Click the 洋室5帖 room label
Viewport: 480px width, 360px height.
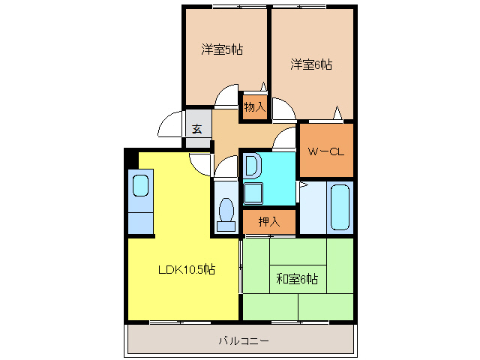tap(222, 49)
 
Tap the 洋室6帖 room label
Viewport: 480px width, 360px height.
tap(311, 64)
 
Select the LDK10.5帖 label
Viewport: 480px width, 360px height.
tap(187, 269)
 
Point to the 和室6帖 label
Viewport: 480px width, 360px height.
tap(297, 279)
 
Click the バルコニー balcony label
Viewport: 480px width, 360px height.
tap(244, 340)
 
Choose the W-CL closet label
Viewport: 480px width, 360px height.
tap(326, 151)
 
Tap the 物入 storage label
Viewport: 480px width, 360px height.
tap(255, 107)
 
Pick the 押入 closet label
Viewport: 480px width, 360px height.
tap(269, 221)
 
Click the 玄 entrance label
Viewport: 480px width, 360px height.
tap(197, 129)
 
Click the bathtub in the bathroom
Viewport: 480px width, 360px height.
tap(340, 207)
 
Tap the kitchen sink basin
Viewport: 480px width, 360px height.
tap(140, 185)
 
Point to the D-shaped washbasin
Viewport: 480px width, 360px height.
tap(252, 166)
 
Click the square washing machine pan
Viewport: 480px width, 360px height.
tap(253, 193)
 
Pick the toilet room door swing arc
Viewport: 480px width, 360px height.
tap(221, 161)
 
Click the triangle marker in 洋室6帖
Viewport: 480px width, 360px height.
tap(337, 112)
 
